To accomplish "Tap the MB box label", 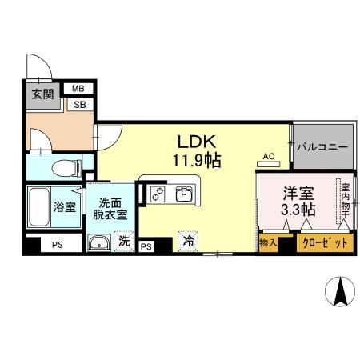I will coord(79,90).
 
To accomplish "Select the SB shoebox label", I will coord(79,104).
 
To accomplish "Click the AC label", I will coord(269,157).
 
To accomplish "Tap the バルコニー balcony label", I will coord(322,147).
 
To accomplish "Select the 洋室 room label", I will coord(296,193).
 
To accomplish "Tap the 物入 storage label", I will coord(267,242).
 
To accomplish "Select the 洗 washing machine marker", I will coord(124,239).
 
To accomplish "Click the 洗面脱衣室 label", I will coord(112,208).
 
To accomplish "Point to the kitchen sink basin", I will coord(184,194).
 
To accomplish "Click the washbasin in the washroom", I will coord(98,243).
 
